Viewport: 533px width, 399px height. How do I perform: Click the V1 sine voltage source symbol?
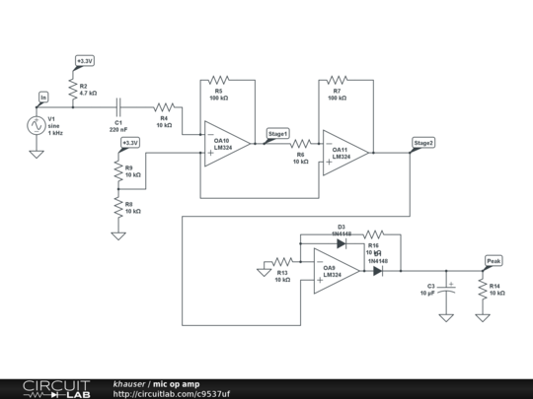(x=36, y=125)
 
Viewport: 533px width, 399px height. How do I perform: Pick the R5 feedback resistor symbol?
(x=218, y=81)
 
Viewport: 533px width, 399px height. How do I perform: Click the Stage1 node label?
(x=277, y=133)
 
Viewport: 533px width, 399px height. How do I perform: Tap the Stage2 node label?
(x=423, y=143)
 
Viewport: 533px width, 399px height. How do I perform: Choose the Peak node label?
(x=494, y=261)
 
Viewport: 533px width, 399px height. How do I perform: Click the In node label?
(x=42, y=97)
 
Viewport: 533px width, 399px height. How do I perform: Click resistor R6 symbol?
(x=300, y=144)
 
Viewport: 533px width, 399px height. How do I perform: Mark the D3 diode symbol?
(x=341, y=242)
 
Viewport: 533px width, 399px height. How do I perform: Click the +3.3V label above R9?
(x=129, y=143)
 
